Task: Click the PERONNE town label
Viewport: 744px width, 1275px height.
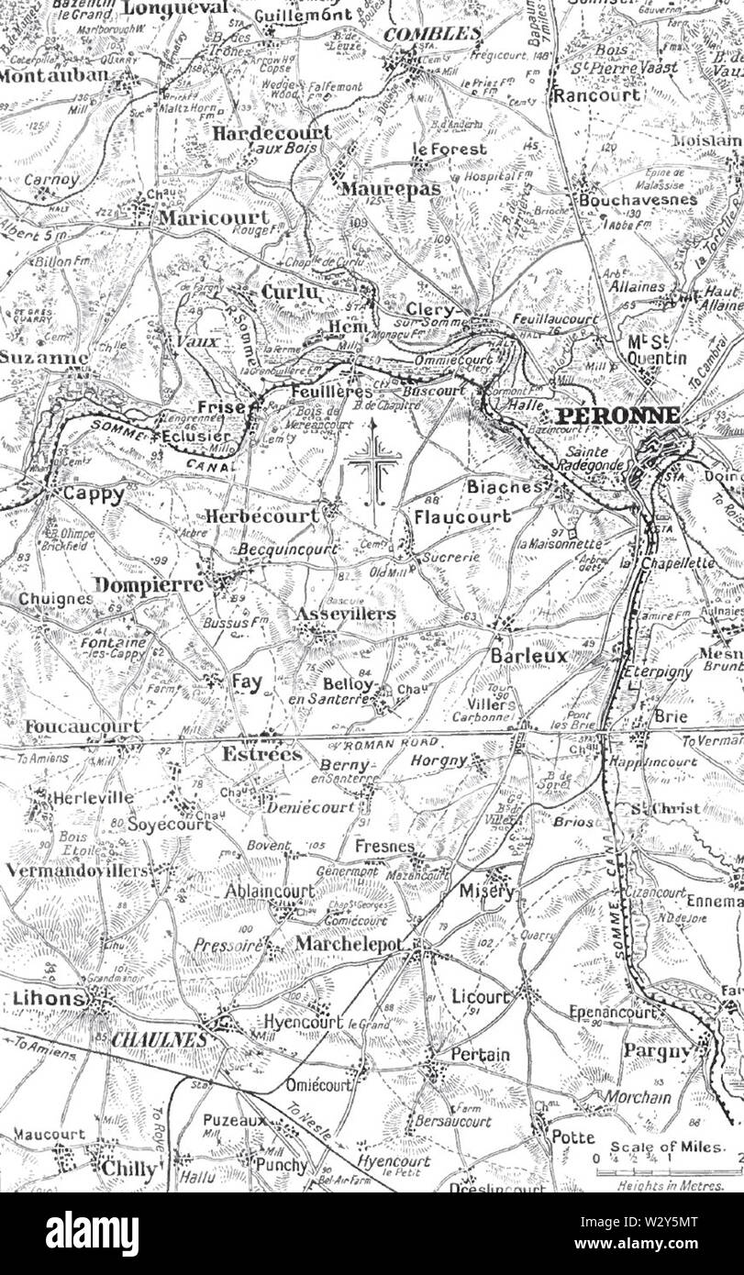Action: (x=619, y=415)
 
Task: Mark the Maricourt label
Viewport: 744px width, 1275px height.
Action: (x=214, y=217)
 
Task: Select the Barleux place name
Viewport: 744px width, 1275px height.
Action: (x=528, y=657)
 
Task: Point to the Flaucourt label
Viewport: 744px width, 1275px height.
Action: (x=461, y=516)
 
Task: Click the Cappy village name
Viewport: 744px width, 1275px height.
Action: (x=93, y=493)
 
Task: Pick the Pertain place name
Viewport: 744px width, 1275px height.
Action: (x=479, y=1056)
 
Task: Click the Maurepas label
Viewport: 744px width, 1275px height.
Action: (x=389, y=189)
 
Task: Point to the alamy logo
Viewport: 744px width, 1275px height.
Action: (x=92, y=1234)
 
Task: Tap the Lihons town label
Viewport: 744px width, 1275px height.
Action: (x=49, y=999)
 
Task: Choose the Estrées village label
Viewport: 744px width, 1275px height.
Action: (x=261, y=754)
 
